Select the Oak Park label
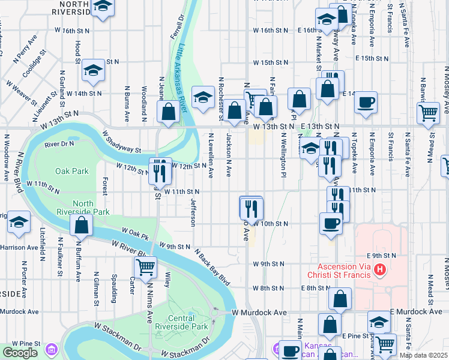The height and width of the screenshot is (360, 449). (71, 171)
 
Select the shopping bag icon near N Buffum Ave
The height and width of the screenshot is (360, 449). (82, 225)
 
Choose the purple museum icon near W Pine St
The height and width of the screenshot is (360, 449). (52, 349)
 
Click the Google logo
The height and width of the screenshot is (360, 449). (20, 353)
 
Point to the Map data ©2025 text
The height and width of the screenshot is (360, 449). (423, 355)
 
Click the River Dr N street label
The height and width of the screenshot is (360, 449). (59, 144)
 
